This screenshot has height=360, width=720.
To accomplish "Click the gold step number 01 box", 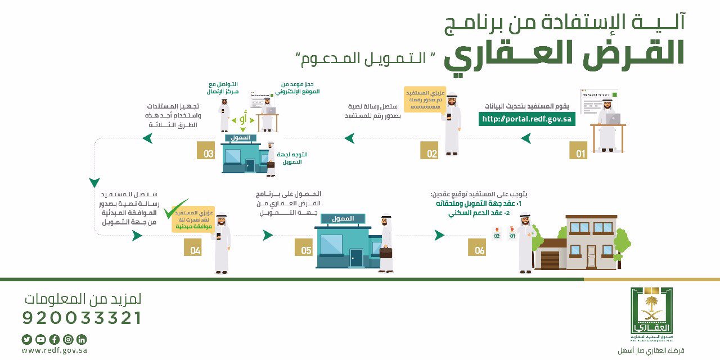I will [578, 150].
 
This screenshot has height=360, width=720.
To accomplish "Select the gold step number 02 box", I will [429, 150].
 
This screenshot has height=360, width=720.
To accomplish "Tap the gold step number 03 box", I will [206, 150].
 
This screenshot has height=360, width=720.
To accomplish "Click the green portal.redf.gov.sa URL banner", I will [526, 119].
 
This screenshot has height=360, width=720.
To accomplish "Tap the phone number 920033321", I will [82, 318].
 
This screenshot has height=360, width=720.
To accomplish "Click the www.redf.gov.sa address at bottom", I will [55, 350].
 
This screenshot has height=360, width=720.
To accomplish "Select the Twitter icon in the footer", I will [27, 339].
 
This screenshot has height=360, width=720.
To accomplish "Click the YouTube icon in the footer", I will [40, 339].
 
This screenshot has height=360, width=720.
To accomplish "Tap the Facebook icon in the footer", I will [55, 339].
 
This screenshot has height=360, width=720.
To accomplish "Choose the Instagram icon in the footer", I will [68, 339].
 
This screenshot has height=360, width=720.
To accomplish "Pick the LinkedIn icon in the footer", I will [82, 339].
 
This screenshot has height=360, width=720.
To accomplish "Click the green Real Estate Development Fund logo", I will [651, 310].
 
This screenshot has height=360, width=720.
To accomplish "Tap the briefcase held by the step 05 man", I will [386, 251].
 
